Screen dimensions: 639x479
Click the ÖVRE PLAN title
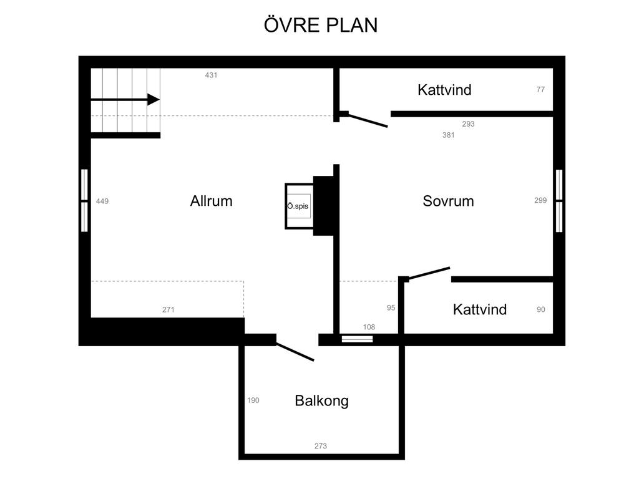321,25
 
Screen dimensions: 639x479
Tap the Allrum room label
211,201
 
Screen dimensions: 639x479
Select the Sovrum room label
448,201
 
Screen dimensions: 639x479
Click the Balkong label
321,401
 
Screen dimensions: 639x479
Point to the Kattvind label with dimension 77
444,90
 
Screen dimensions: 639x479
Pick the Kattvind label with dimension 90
480,309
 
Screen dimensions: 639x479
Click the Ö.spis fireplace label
298,206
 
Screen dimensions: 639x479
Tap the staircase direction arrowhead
154,99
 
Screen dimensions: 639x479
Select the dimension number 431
211,75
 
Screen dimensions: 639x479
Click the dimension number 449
102,201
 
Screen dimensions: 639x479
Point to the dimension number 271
168,309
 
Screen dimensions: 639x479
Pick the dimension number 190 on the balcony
253,400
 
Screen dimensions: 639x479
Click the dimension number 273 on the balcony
321,446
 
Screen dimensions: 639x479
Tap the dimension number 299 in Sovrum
540,200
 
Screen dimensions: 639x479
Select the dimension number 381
448,135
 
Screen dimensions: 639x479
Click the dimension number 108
369,327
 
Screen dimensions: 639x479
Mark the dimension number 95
391,307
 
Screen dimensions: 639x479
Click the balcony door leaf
295,352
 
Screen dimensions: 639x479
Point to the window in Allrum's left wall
84,200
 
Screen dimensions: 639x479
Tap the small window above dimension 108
357,339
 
